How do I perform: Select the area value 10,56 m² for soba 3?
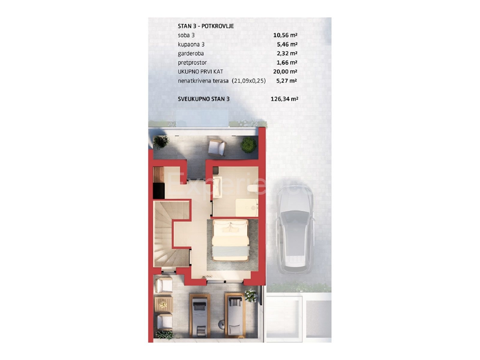click(285, 35)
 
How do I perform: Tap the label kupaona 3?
click(191, 44)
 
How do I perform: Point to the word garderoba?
click(191, 54)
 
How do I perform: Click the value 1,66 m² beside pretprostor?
click(287, 62)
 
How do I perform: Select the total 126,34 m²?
click(284, 99)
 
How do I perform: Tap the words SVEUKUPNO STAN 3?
click(204, 99)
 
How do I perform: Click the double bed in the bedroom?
click(231, 240)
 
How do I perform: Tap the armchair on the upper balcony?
click(216, 148)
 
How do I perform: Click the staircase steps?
click(171, 234)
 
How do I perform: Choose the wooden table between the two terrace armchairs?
click(163, 304)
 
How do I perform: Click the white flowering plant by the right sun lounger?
click(251, 296)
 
